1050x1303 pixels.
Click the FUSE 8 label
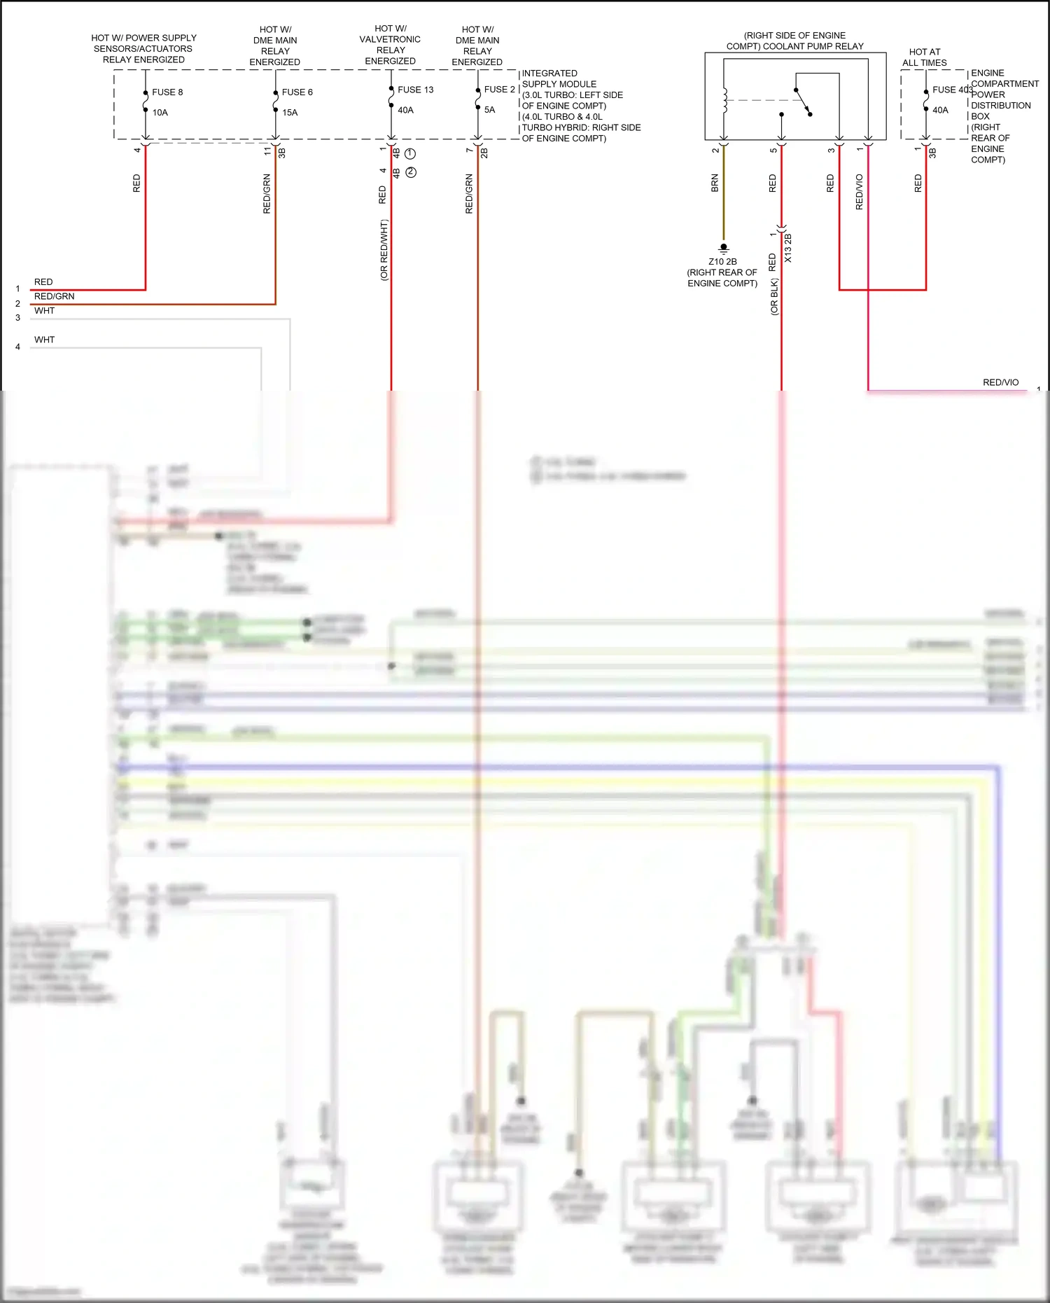point(167,92)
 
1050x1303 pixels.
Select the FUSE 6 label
point(297,92)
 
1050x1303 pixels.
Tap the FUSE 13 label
point(415,90)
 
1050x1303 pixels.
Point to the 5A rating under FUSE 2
point(489,110)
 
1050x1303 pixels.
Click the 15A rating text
point(289,112)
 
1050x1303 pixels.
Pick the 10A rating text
point(160,112)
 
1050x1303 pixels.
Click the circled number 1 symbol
point(411,153)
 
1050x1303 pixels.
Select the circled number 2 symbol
point(411,172)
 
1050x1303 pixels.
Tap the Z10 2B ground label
point(722,262)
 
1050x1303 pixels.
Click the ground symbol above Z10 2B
point(724,248)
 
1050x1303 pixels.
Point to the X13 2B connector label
point(788,249)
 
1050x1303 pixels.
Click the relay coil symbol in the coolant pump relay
point(725,100)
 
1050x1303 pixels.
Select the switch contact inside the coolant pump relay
point(804,102)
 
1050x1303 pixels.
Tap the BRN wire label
point(715,183)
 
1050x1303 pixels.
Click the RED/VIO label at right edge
point(1000,382)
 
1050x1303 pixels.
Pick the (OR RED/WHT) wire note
point(384,251)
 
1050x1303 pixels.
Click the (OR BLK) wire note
point(774,297)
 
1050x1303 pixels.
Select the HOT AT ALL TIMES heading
point(924,57)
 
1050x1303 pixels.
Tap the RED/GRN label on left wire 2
point(54,296)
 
